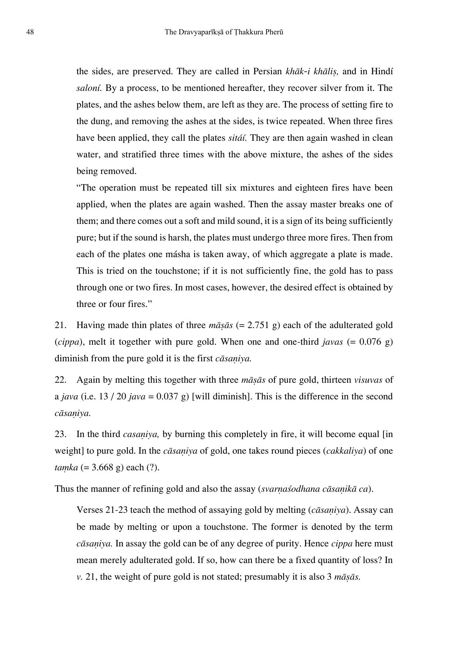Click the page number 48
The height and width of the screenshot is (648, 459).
click(30, 32)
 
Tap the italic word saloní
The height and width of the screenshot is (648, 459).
click(89, 88)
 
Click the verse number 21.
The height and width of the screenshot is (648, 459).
click(60, 325)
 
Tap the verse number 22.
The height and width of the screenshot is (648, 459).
click(60, 380)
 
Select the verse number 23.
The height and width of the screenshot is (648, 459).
click(60, 434)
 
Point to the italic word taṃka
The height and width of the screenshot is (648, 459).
click(66, 467)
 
